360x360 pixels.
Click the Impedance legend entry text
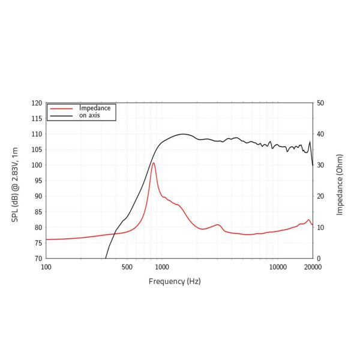click(95, 108)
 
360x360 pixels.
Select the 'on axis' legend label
click(89, 115)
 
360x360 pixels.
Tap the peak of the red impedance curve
click(154, 163)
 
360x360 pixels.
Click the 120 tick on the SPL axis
click(37, 103)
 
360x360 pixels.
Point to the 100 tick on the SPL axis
click(37, 165)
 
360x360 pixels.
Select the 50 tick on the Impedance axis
click(320, 103)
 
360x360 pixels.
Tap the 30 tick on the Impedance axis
click(320, 165)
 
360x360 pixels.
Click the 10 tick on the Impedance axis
click(320, 227)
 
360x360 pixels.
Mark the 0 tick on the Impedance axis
click(318, 259)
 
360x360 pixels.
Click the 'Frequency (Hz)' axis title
click(175, 281)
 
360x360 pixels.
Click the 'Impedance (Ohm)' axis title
click(340, 181)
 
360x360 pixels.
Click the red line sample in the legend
click(62, 109)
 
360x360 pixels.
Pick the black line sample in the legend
click(62, 115)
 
